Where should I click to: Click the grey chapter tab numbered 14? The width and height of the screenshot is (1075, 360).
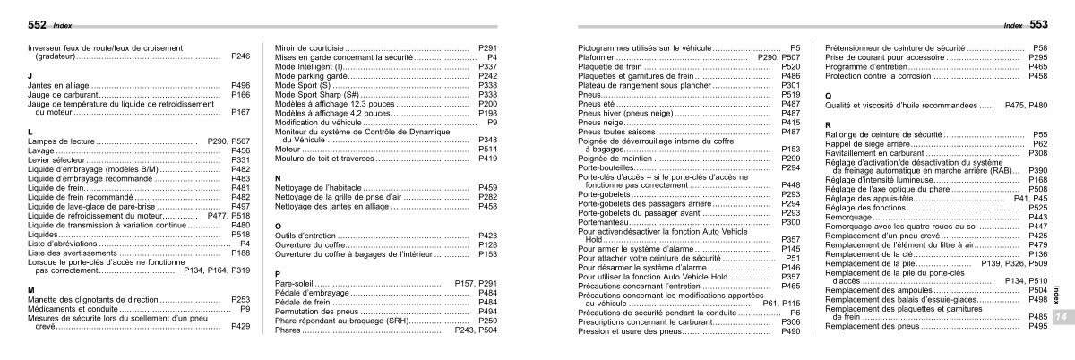point(1060,320)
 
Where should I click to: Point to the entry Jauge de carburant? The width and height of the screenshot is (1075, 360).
point(64,94)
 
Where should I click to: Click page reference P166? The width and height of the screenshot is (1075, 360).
point(240,94)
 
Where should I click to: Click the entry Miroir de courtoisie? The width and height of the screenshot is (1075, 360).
point(308,47)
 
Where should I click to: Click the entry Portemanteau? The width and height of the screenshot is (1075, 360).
point(601,222)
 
